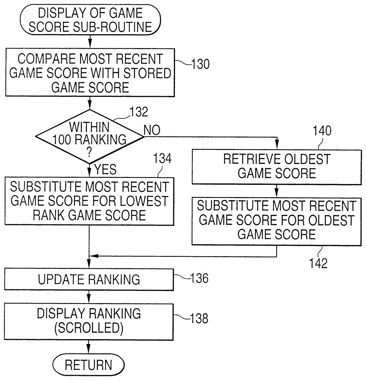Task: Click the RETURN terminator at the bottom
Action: pyautogui.click(x=88, y=365)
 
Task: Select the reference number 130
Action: pyautogui.click(x=200, y=64)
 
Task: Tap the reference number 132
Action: pyautogui.click(x=139, y=112)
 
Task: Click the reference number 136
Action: pyautogui.click(x=199, y=278)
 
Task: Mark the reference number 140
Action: pyautogui.click(x=322, y=130)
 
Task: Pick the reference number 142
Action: pyautogui.click(x=318, y=263)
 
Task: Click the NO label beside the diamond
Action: pyautogui.click(x=152, y=130)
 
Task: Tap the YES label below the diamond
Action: pyautogui.click(x=105, y=170)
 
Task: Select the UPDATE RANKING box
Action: pyautogui.click(x=89, y=280)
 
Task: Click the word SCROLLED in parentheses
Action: pyautogui.click(x=89, y=328)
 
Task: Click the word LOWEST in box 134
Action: pyautogui.click(x=148, y=201)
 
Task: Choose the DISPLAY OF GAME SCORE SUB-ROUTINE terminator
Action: pyautogui.click(x=90, y=20)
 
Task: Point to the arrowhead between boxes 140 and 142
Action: pyautogui.click(x=276, y=193)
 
